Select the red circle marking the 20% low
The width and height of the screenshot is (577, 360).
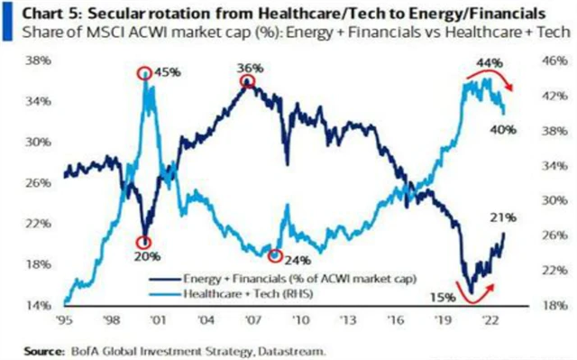[x=143, y=243]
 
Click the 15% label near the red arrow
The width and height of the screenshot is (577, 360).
[x=439, y=294]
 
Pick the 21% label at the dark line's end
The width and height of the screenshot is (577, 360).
[x=503, y=217]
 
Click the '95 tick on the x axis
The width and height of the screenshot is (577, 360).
[x=65, y=319]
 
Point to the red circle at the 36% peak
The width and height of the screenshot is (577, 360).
[x=246, y=82]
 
